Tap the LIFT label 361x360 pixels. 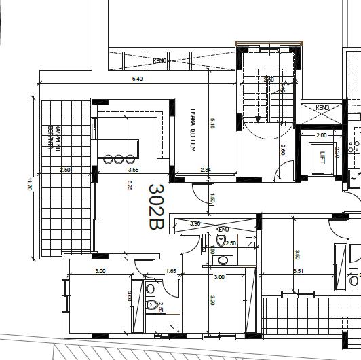322,158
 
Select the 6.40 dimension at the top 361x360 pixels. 137,79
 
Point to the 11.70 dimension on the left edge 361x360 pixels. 30,184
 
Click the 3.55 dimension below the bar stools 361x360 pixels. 133,170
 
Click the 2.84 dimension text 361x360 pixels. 205,170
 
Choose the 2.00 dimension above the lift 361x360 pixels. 322,135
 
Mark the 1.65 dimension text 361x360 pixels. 171,272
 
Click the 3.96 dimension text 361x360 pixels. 195,223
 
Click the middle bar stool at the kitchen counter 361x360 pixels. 119,159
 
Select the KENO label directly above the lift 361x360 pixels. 322,108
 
